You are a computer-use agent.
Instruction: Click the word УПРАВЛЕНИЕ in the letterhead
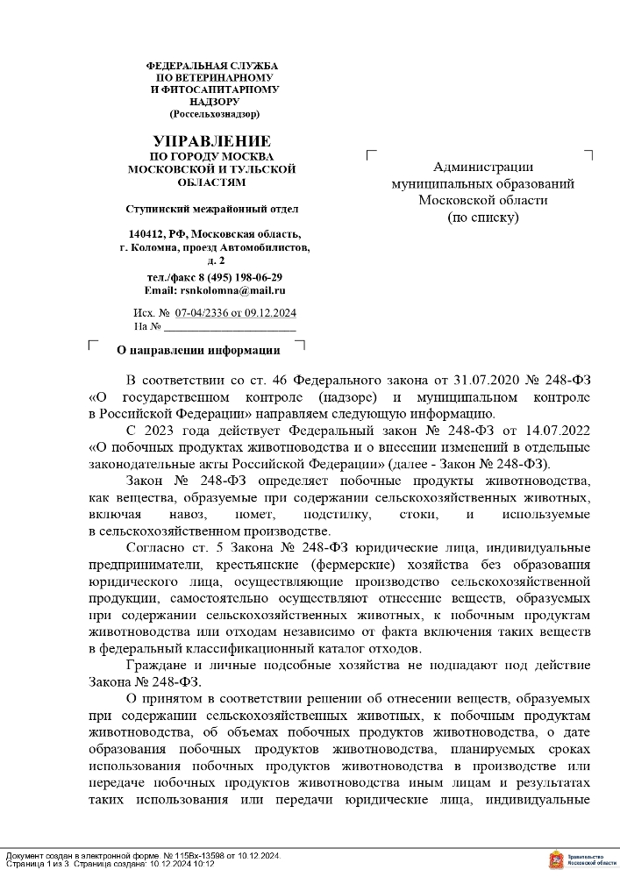(x=212, y=141)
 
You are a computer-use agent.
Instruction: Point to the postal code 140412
(x=146, y=234)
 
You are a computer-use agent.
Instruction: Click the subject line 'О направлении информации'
(x=198, y=350)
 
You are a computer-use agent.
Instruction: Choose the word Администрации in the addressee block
(x=483, y=168)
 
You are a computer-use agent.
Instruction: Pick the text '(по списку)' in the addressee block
(x=483, y=217)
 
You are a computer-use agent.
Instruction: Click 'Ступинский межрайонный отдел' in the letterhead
(x=212, y=209)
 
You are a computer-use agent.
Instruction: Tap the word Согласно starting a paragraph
(x=154, y=546)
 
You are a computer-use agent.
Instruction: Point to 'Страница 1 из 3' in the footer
(x=36, y=864)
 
